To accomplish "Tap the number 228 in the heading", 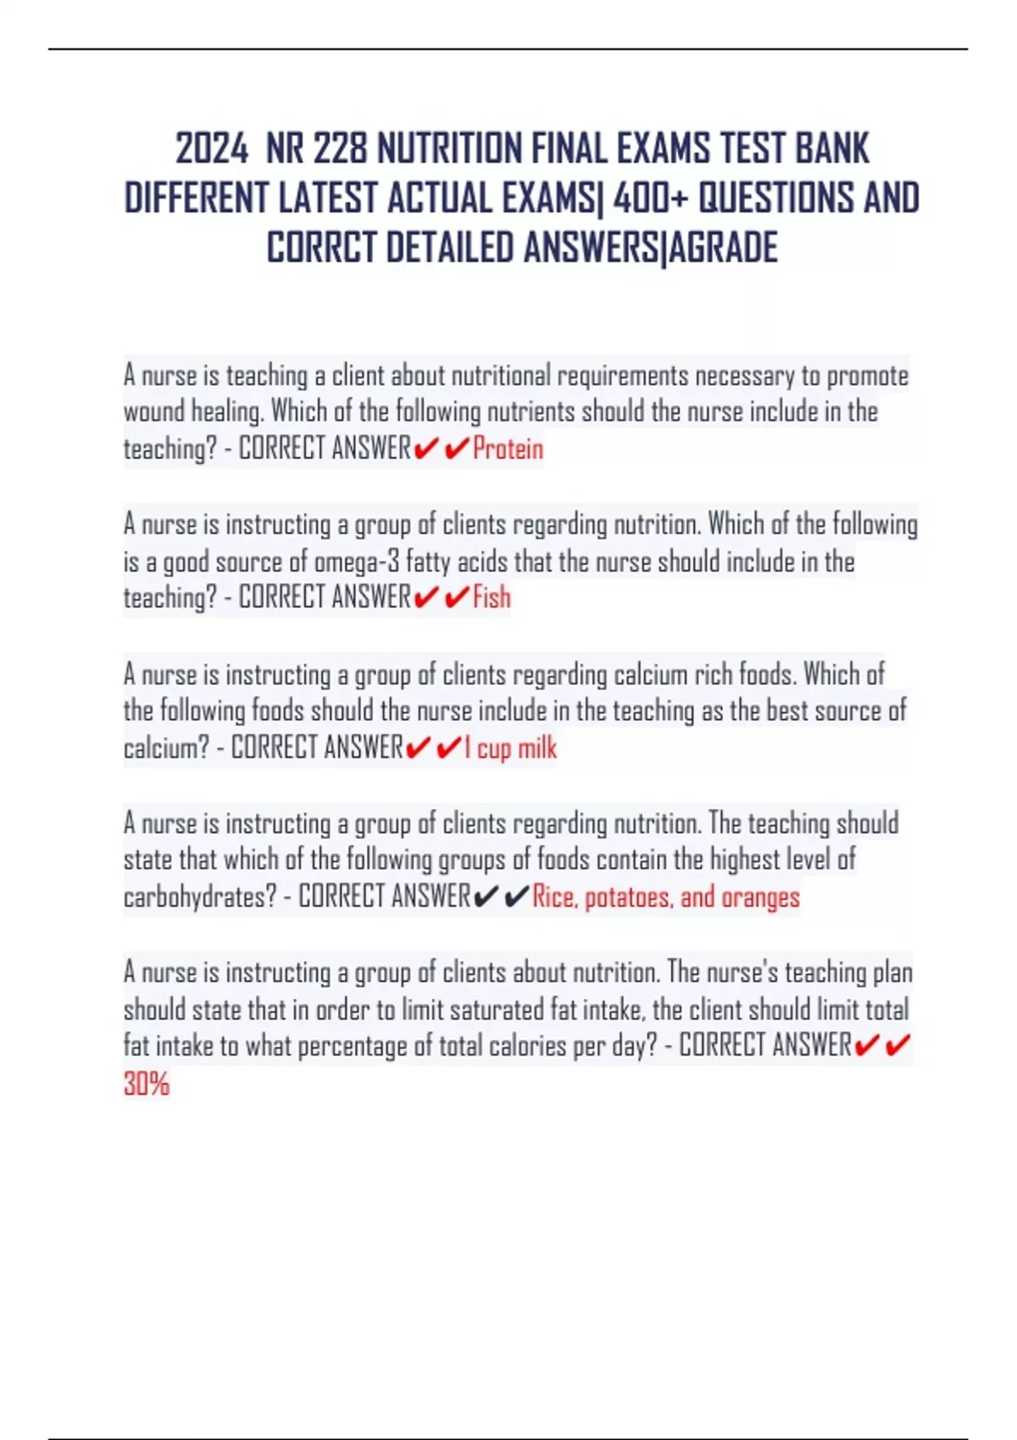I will (x=340, y=149).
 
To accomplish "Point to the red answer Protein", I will (x=508, y=448).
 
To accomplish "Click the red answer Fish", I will (x=492, y=597).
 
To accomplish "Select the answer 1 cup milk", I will (x=510, y=748).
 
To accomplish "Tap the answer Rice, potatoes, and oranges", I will (x=665, y=896).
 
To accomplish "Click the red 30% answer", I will (x=147, y=1083).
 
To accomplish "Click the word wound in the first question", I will (x=153, y=412).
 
